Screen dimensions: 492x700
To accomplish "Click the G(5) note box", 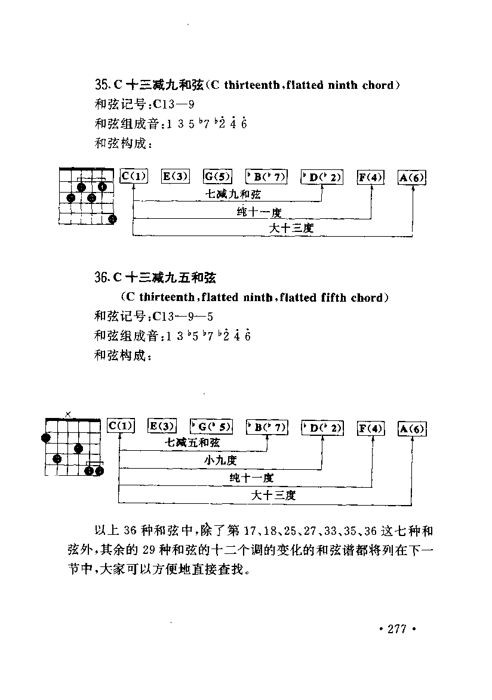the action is [217, 176].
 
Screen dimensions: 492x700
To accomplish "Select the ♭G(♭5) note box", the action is [211, 426].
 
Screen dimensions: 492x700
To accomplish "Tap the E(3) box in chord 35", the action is [175, 176].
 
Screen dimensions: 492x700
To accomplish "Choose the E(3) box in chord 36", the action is [162, 426].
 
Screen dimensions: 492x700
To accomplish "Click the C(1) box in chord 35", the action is [134, 176].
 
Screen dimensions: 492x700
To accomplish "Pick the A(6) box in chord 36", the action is [411, 429].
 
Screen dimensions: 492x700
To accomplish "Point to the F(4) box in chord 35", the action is [370, 177].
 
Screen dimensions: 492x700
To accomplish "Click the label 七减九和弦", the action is [233, 194].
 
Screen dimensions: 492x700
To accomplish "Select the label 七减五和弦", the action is [192, 443].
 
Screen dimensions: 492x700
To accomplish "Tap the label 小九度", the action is [220, 460].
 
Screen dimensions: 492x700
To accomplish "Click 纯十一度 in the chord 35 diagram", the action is [259, 212].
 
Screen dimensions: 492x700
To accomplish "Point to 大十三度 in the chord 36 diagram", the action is [273, 495].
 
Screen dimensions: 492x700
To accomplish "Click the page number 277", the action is [397, 629].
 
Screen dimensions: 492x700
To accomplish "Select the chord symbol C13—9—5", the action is [182, 317].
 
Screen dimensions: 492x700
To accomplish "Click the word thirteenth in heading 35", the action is [251, 85].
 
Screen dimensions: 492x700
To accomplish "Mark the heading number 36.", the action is [100, 278].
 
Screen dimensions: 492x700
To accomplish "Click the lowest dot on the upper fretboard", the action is [112, 219].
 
